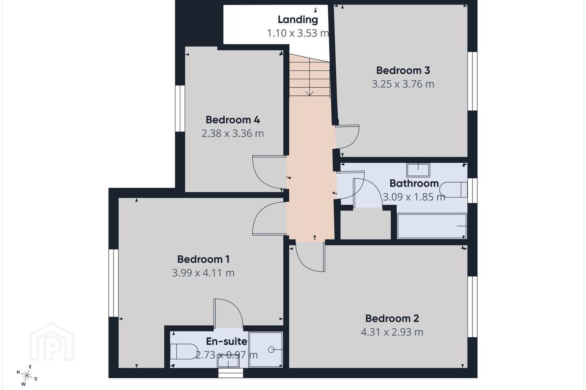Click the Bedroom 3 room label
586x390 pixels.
403,70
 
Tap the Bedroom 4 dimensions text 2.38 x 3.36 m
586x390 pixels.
233,134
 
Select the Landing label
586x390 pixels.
298,19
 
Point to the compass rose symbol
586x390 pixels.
26,376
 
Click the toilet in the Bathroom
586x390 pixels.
453,190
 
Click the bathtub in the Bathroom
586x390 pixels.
432,226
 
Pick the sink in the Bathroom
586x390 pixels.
418,170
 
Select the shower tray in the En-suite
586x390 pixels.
265,349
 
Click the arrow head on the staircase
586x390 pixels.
309,93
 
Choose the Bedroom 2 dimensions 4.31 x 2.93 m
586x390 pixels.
392,332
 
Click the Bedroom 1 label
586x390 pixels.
203,259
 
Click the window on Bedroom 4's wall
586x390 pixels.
180,108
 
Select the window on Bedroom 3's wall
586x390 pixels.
472,81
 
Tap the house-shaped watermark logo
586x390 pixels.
52,342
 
